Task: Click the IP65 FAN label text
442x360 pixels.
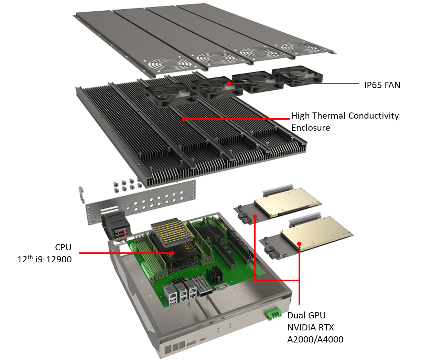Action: [382, 85]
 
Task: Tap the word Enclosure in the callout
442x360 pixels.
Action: [311, 128]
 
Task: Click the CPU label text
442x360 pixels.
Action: [63, 247]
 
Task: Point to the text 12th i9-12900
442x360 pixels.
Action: [44, 259]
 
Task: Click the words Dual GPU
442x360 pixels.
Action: [306, 315]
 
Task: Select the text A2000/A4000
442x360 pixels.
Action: [315, 339]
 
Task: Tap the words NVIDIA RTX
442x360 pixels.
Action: [310, 327]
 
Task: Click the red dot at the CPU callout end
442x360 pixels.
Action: [172, 253]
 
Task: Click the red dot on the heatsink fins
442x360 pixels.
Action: [184, 119]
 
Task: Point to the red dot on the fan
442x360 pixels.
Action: [229, 83]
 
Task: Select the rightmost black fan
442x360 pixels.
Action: [297, 76]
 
